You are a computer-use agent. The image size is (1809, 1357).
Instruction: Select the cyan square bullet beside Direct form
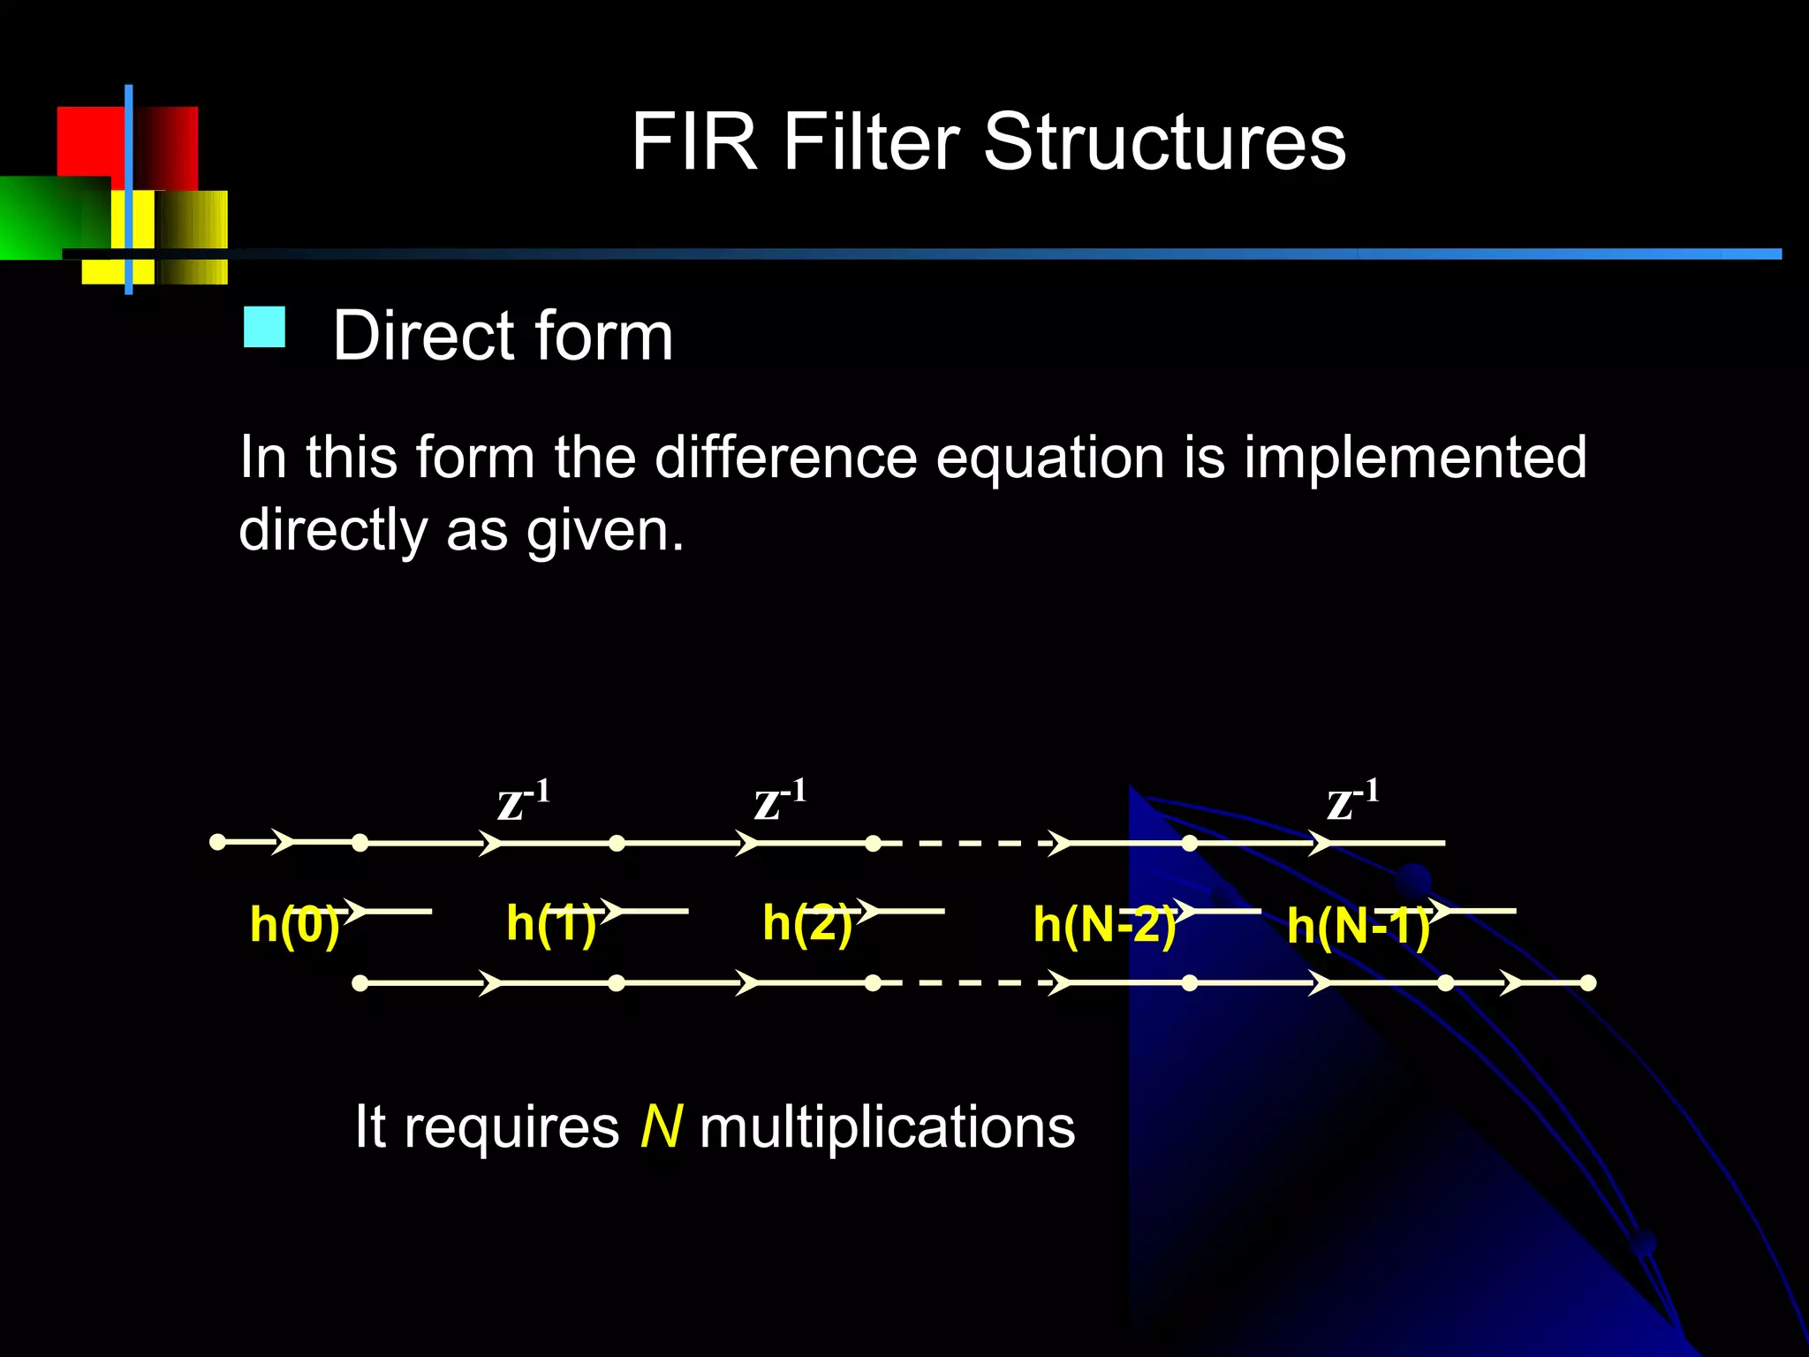(x=264, y=327)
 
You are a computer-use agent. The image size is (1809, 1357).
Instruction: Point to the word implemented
(x=1415, y=458)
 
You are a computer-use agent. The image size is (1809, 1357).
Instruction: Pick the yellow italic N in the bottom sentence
(x=661, y=1126)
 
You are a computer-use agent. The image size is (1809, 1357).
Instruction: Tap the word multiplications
(x=887, y=1127)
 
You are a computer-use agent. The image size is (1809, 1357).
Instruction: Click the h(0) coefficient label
(x=294, y=925)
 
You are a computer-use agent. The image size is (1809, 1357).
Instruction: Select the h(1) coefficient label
(x=551, y=923)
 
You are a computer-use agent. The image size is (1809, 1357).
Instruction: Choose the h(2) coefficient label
(x=806, y=923)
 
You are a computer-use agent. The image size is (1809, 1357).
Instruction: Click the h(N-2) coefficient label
(x=1104, y=925)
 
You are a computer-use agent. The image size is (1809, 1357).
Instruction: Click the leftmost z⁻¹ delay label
(x=523, y=800)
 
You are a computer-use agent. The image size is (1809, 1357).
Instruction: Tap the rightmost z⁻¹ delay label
(x=1352, y=800)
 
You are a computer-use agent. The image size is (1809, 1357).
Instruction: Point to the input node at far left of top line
(x=217, y=842)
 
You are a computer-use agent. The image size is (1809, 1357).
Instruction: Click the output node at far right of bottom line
(x=1587, y=982)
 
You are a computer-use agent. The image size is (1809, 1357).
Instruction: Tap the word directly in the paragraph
(x=333, y=531)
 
